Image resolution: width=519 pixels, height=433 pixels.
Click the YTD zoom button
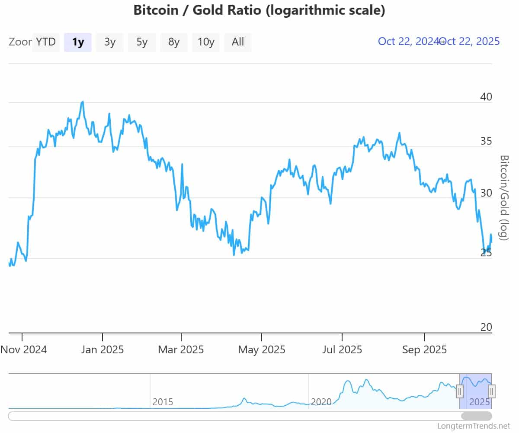click(46, 42)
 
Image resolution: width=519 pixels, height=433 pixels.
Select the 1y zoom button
click(78, 42)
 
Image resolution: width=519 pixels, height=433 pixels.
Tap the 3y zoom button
click(110, 42)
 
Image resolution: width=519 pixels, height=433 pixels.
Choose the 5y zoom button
click(142, 42)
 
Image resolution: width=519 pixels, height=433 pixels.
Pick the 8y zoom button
click(174, 42)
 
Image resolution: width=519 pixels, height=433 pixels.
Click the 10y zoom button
click(206, 42)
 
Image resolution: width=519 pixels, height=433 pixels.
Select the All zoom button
click(238, 42)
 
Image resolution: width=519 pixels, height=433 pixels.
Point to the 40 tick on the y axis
click(486, 97)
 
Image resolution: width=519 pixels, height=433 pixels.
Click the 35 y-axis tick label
click(486, 141)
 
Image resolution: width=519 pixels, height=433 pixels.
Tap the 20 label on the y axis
click(486, 327)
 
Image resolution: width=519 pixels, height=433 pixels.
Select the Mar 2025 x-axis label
click(181, 349)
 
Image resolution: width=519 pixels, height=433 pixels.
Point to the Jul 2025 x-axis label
click(342, 349)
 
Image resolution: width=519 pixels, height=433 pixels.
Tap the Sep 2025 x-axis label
click(424, 349)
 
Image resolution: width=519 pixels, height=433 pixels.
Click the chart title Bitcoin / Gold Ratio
click(259, 10)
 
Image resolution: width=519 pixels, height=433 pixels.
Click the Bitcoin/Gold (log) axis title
click(503, 197)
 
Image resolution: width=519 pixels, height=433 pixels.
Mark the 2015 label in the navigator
click(163, 402)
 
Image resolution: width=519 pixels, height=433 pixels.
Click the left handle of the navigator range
click(460, 391)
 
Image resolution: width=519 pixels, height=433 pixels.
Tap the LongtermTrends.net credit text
click(474, 426)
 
